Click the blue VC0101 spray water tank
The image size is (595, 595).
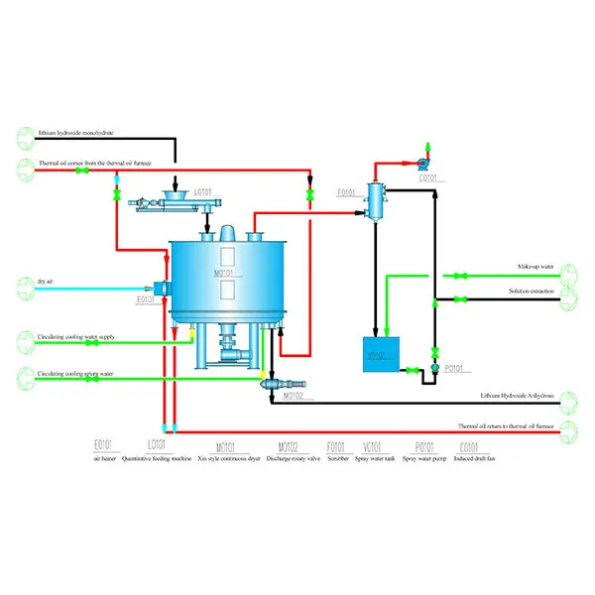pos(380,354)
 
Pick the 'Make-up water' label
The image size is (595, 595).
pos(536,268)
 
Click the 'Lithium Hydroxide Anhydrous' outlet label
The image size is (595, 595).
pos(517,395)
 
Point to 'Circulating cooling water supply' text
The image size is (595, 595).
pos(76,337)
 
